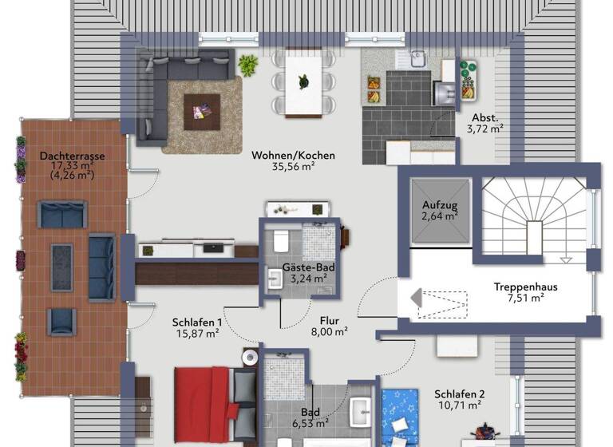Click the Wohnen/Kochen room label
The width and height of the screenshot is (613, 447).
coord(293,156)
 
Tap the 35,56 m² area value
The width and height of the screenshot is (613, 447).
coord(293,168)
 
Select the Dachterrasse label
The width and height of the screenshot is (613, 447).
coord(73,156)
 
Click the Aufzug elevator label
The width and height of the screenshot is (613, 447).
coord(439,205)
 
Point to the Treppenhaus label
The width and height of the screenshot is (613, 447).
coord(524,287)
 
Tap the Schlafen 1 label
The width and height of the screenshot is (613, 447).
coord(196,322)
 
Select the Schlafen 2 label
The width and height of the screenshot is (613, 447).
coord(459,394)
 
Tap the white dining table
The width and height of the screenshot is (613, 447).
coord(303,82)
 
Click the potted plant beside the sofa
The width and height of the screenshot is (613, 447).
coord(248,65)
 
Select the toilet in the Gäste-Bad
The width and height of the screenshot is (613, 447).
coord(282,241)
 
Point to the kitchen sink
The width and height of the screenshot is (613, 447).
coord(416,57)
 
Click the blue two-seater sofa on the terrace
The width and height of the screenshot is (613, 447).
coord(62,215)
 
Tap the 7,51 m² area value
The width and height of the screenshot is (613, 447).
coord(524,299)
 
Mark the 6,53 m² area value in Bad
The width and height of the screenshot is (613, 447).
coord(310,423)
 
